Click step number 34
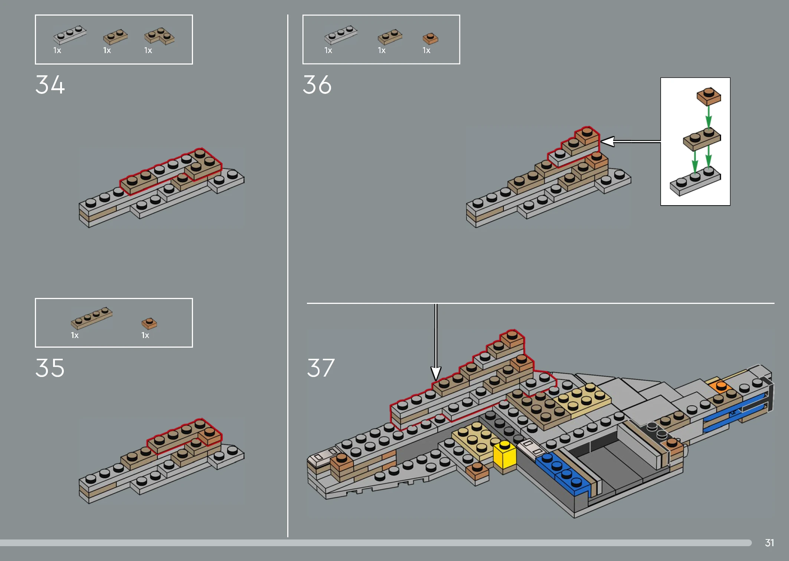tap(50, 85)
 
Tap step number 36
tap(317, 85)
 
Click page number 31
tap(769, 543)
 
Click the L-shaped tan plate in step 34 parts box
tap(160, 36)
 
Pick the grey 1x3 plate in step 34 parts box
tap(70, 35)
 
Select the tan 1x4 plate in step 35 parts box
tap(92, 318)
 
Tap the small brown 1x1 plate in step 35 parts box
tap(149, 323)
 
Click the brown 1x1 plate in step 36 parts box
tap(430, 39)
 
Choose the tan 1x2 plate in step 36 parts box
tap(390, 36)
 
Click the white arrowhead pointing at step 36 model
tap(608, 141)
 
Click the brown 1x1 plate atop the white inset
tap(709, 96)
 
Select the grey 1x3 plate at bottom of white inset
tap(695, 181)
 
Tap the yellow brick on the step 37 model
tap(505, 455)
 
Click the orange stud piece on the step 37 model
tap(721, 388)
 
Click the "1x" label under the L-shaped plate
tap(148, 50)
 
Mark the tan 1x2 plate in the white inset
tap(702, 139)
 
